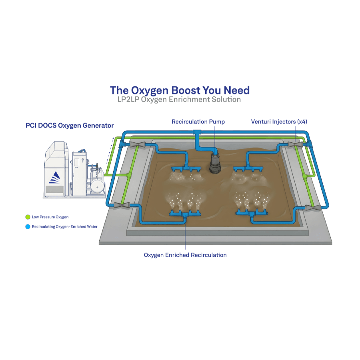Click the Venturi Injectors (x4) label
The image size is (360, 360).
pos(279,121)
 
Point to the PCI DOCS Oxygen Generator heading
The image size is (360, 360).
pos(70,126)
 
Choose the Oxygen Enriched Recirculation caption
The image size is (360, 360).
pos(185,255)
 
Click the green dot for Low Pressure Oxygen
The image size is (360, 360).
pos(28,217)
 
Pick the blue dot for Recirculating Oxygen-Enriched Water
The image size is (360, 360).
pos(28,226)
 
